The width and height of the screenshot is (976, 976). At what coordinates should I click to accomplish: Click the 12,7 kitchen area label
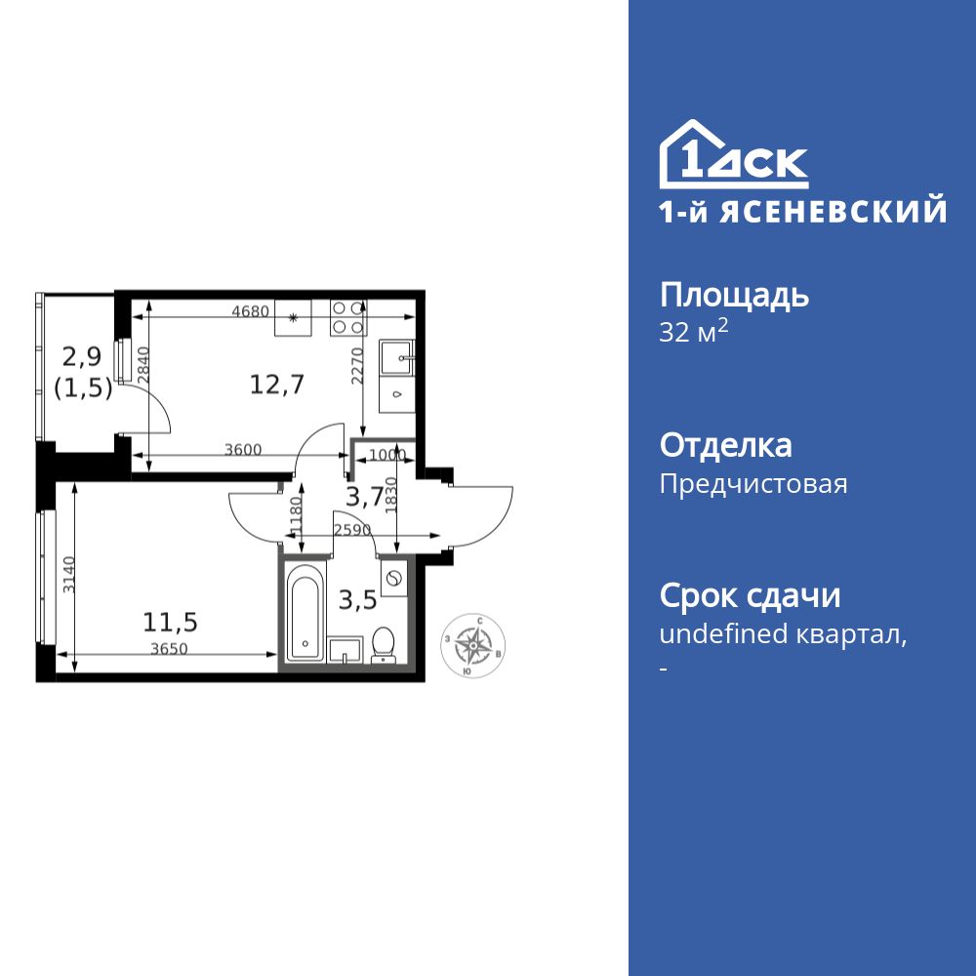[x=277, y=384]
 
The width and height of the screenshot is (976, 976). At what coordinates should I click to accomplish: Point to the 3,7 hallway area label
[x=364, y=497]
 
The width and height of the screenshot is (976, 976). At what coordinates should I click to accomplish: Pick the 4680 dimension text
[x=250, y=312]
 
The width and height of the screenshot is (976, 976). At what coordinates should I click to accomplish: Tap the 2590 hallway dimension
[x=351, y=530]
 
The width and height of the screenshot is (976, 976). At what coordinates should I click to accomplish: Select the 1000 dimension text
[x=387, y=454]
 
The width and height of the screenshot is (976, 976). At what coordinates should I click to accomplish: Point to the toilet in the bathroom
[x=384, y=643]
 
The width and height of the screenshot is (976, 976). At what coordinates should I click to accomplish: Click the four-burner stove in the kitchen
[x=347, y=316]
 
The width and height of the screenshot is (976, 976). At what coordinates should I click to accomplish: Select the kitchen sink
[x=397, y=357]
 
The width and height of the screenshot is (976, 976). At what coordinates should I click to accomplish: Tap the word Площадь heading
[x=734, y=295]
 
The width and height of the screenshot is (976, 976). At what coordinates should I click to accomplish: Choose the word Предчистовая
[x=753, y=484]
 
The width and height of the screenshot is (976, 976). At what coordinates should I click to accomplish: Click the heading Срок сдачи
[x=750, y=595]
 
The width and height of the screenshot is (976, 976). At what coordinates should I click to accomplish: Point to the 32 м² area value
[x=694, y=332]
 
